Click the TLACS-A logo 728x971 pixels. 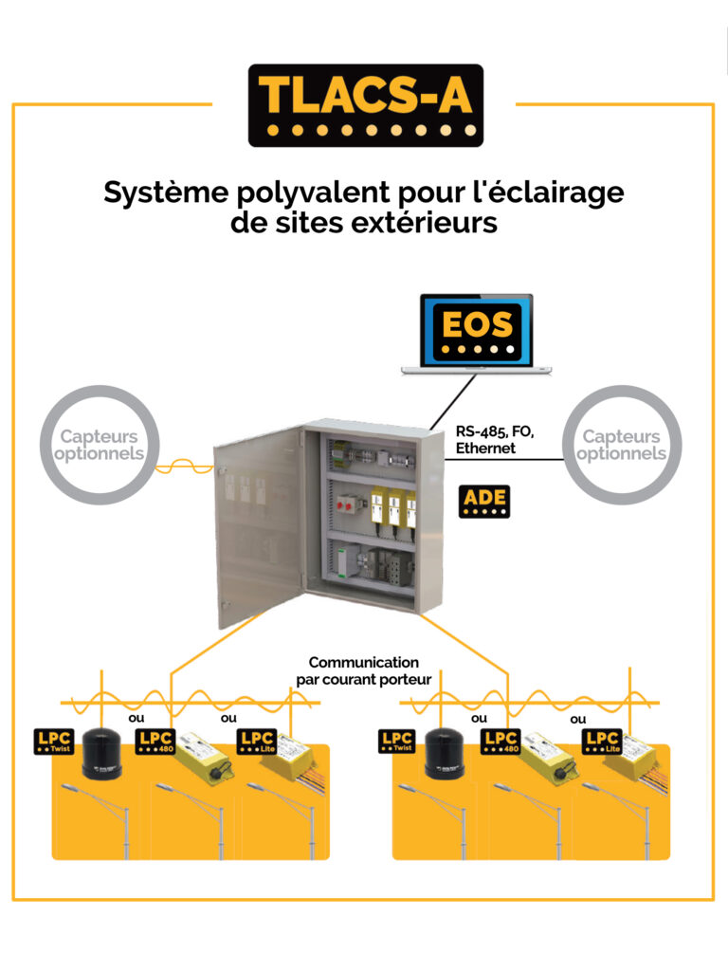coord(365,105)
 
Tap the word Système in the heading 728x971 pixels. coord(166,193)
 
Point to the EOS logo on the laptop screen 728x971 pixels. coord(477,331)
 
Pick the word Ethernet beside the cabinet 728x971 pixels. coord(485,448)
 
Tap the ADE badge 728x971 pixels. coord(484,501)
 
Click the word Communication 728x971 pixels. coord(363,662)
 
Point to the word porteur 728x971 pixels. coord(406,680)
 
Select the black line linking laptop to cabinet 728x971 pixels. coord(453,402)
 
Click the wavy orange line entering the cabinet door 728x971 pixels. coord(184,466)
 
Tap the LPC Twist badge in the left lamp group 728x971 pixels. coord(54,742)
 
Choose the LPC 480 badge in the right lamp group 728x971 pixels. coord(500,742)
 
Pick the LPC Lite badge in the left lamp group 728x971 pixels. coord(258,742)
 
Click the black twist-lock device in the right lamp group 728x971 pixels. coord(444,753)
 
